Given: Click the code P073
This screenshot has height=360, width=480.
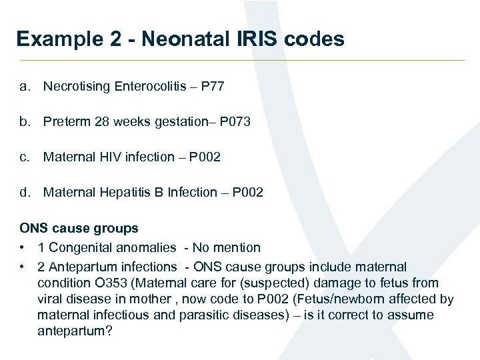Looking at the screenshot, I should click(235, 121).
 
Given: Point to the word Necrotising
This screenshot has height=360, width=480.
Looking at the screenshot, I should click(77, 86).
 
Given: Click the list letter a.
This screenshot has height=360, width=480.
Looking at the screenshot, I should click(24, 86).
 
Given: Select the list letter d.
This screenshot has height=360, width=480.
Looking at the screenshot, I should click(25, 192).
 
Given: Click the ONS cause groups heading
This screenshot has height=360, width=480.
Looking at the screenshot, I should click(79, 228).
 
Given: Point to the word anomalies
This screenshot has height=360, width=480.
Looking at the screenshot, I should click(147, 247).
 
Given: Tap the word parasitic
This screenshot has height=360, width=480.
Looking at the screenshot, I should click(205, 315).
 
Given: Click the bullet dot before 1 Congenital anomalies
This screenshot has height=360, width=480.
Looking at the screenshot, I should click(23, 247).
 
